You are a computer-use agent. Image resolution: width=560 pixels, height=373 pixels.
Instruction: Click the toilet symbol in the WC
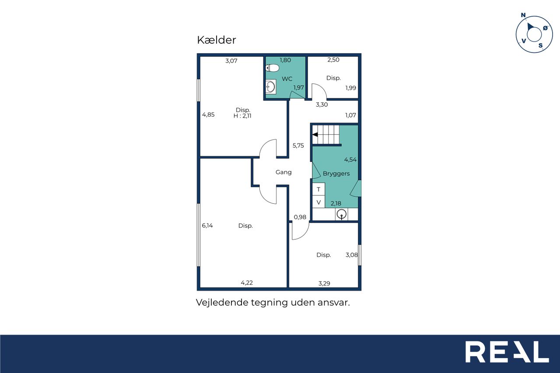[x=272, y=68]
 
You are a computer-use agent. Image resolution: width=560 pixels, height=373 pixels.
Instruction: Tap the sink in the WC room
[x=271, y=87]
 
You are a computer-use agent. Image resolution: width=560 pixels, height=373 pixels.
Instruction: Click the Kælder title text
[x=216, y=40]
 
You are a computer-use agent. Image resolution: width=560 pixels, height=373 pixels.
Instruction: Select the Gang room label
[x=283, y=172]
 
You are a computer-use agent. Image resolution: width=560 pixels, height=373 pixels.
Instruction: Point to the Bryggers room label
[x=336, y=174]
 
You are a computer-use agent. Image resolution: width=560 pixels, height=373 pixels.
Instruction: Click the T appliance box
[x=318, y=189]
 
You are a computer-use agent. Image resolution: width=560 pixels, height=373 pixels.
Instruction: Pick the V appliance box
[x=318, y=202]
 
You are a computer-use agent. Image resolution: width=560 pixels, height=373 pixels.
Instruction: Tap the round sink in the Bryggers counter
[x=342, y=214]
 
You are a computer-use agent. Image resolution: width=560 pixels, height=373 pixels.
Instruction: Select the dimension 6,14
[x=207, y=226]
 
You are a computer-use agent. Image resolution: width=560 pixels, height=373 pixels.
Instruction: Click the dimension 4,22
[x=247, y=283]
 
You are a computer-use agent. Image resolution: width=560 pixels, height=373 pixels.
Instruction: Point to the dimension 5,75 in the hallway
[x=298, y=146]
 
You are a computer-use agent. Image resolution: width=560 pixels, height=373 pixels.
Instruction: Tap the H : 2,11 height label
[x=242, y=116]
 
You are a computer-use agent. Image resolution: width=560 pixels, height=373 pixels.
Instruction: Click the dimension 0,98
[x=300, y=217]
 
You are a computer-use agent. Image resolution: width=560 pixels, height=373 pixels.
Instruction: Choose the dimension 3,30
[x=322, y=105]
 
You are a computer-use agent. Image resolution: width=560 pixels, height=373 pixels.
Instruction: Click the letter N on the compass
[x=523, y=15]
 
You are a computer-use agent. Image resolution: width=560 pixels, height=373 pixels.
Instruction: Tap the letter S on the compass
[x=540, y=45]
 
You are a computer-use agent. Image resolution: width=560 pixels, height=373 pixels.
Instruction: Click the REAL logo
[x=507, y=352]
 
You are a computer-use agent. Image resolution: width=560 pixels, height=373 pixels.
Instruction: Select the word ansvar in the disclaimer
[x=334, y=303]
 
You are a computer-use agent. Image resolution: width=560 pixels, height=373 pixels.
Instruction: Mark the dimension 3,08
[x=351, y=255]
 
